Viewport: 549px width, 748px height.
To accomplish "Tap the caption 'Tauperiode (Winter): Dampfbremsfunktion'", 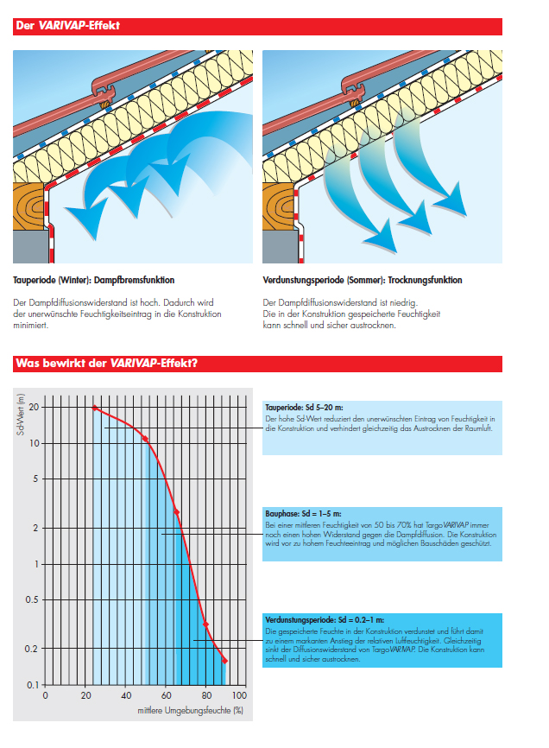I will point(94,281).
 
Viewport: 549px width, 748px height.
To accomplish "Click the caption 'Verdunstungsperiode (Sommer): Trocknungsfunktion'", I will point(363,281).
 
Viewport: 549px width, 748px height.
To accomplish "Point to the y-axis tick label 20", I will point(34,407).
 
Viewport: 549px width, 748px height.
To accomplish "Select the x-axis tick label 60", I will point(166,695).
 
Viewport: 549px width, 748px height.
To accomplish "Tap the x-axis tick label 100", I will point(239,695).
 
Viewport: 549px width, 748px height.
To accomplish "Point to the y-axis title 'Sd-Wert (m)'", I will point(19,415).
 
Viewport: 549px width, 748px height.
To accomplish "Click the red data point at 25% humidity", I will point(95,408).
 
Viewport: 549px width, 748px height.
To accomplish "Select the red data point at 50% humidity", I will point(145,439).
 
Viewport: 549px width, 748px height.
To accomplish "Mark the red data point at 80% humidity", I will point(205,624).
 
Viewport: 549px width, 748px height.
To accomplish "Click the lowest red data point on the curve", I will point(224,661).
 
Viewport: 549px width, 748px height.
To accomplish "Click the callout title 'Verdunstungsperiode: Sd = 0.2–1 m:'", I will point(325,619).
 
